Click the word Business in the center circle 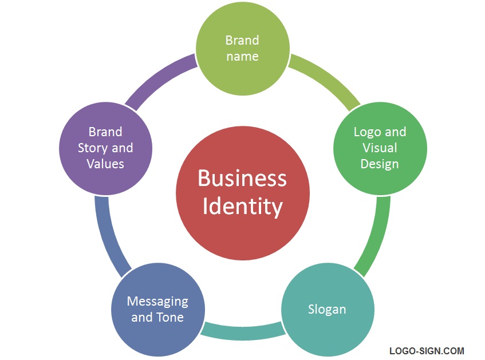(242, 178)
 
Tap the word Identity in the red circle (242, 206)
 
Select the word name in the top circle (242, 56)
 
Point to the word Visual (380, 148)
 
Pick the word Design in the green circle (380, 164)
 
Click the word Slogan (327, 310)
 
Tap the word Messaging (157, 301)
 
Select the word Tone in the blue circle (170, 317)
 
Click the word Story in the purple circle (92, 148)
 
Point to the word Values (105, 164)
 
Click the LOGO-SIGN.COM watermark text (427, 351)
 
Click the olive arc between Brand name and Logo (328, 80)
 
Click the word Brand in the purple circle (105, 132)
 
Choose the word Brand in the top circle (242, 40)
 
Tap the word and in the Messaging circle (141, 317)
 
